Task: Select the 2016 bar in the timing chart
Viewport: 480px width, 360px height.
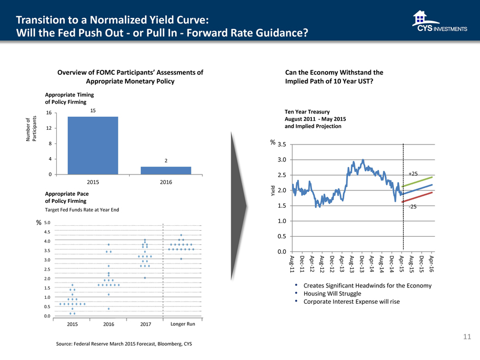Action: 166,170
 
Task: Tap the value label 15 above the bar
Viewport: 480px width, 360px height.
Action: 93,111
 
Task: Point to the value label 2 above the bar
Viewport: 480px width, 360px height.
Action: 166,160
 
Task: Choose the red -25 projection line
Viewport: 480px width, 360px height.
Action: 418,197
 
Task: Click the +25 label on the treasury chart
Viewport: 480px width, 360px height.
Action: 412,173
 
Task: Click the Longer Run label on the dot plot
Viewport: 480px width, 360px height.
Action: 183,325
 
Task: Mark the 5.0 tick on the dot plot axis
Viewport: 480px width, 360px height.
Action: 47,222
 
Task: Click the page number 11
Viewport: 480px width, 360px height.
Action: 466,337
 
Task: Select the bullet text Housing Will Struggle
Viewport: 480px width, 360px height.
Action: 332,293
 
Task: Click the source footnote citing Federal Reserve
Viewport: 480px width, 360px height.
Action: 124,344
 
